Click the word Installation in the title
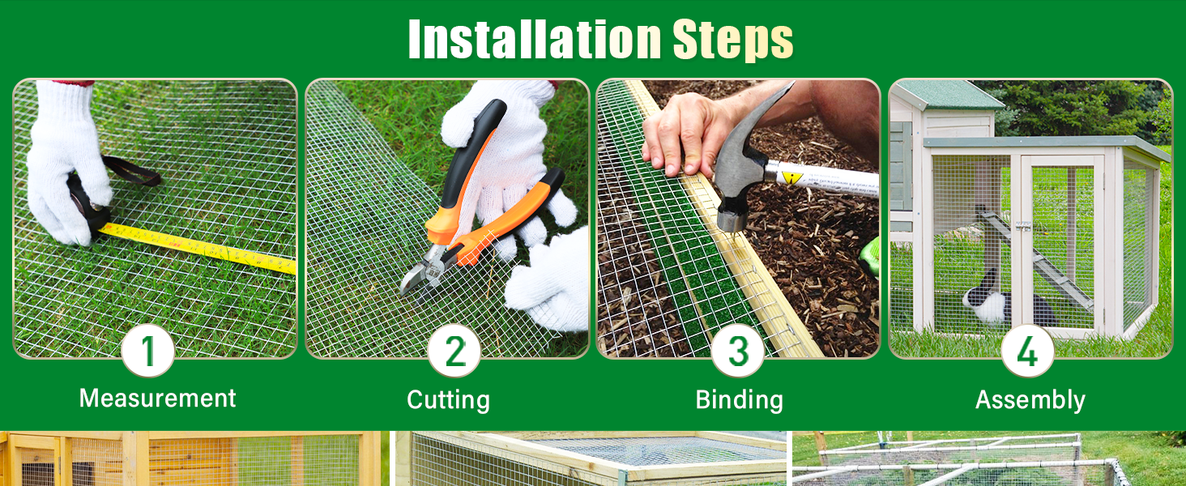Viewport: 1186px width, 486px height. (x=535, y=39)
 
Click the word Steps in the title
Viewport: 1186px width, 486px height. (x=732, y=39)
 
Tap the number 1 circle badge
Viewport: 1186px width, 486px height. (x=148, y=351)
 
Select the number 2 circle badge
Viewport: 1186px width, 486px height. (x=454, y=351)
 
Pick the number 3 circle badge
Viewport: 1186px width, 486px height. (x=738, y=351)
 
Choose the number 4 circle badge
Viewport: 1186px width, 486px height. (x=1027, y=351)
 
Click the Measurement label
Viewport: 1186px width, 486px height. (x=158, y=399)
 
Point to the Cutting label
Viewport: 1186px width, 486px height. (x=448, y=400)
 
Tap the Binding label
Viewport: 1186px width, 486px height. (x=739, y=400)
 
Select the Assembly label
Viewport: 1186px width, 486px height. (x=1030, y=400)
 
